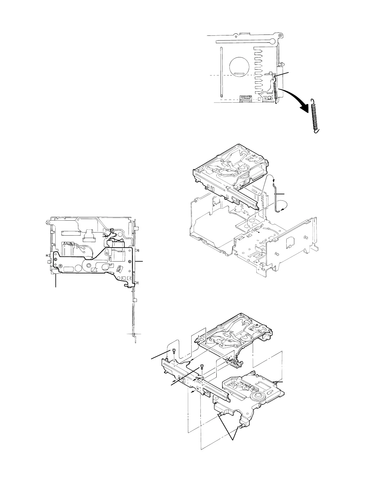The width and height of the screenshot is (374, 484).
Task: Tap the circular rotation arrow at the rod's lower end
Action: point(283,208)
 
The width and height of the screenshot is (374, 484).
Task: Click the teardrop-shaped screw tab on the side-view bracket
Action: point(107,253)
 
